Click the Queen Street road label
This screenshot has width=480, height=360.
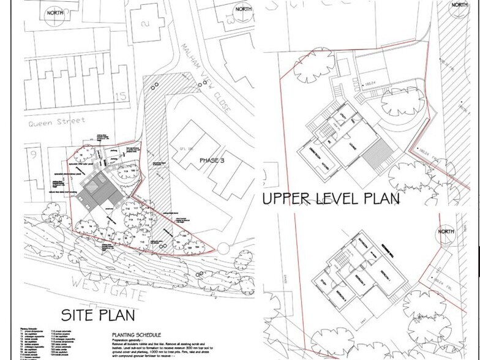coord(56,122)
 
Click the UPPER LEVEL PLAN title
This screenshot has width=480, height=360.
coord(331,199)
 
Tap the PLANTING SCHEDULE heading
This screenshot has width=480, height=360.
coord(136,335)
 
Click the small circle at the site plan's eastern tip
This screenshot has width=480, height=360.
coord(223,247)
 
